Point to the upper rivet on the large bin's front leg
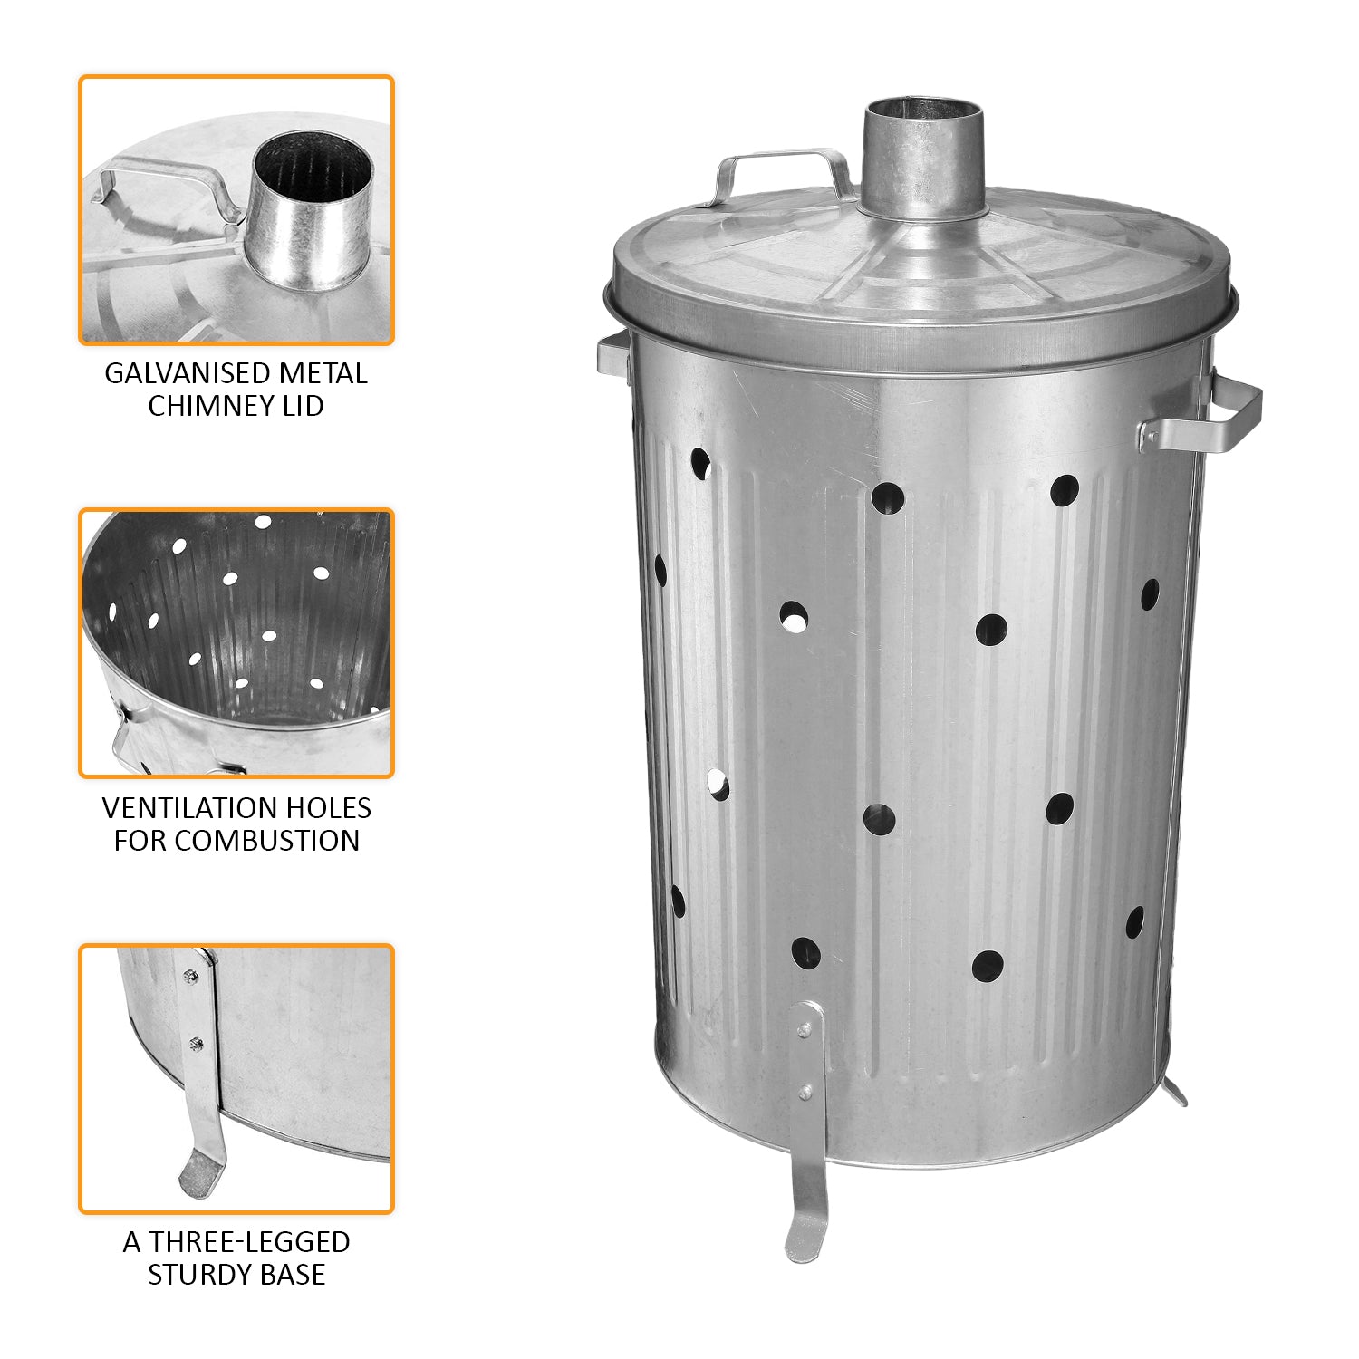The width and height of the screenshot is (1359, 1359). click(802, 1030)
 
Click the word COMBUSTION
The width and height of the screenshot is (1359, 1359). click(267, 840)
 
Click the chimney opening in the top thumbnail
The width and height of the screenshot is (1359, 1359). click(312, 168)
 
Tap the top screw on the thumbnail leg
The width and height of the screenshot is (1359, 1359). click(189, 976)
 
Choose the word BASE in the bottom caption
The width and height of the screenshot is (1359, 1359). click(292, 1274)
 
